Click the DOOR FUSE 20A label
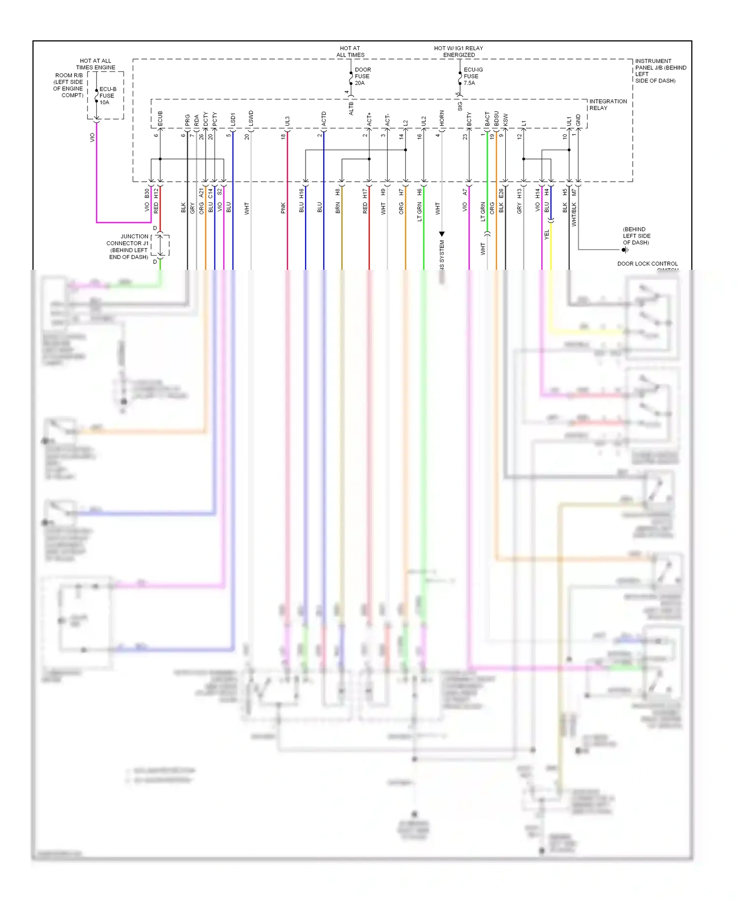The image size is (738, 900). point(362,76)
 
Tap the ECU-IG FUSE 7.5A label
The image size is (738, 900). point(472,76)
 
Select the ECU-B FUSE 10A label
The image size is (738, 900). point(107,96)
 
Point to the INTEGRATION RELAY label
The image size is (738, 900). point(608,104)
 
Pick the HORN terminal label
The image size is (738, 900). point(442,118)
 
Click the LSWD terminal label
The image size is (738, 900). point(251,119)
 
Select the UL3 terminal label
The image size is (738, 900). point(287,121)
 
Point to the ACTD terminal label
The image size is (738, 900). point(324,119)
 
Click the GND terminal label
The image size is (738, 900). point(579,120)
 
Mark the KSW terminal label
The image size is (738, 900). point(505,120)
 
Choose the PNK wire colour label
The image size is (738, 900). point(283,208)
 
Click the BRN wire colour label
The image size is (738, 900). point(338,208)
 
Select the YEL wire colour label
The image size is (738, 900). point(547,235)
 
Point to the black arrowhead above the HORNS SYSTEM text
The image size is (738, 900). point(442,234)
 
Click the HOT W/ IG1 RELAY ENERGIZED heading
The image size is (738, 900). point(459,51)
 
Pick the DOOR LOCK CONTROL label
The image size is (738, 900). point(647,264)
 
